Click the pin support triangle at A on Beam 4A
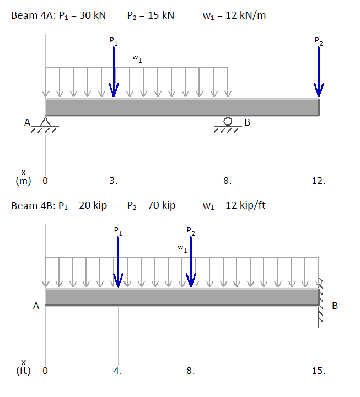(45, 122)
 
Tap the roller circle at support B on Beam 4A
(228, 122)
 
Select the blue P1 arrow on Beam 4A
(114, 72)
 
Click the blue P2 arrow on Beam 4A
(319, 72)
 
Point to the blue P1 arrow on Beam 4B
(118, 262)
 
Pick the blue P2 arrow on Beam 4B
(191, 262)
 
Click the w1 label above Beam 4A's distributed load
(137, 58)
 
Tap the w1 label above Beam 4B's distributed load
(182, 248)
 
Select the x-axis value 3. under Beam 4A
(114, 181)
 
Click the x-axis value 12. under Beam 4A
(319, 181)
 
